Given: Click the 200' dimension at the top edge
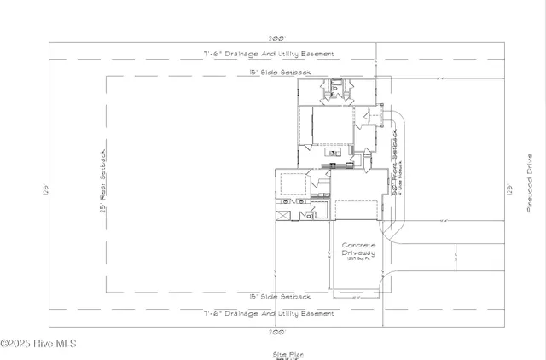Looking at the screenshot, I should [276, 38].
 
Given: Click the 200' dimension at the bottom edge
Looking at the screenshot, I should [276, 331].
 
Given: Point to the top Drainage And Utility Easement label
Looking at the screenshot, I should [268, 54].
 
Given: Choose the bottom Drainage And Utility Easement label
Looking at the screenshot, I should [268, 314].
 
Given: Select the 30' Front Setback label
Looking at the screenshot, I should [394, 162].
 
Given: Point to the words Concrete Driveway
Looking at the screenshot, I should [358, 248].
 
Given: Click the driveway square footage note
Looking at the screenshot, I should [358, 259].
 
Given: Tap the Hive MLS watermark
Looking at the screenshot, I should [38, 344].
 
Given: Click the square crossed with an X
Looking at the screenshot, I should [284, 218].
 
